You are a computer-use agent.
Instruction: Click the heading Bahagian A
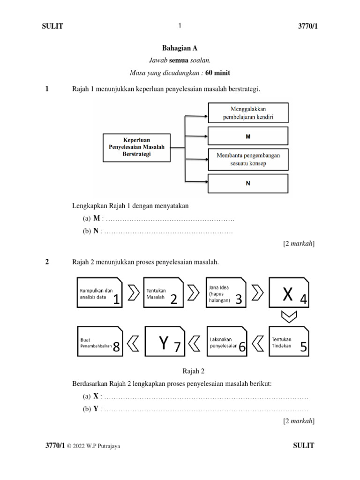point(176,48)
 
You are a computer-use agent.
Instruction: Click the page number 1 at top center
point(180,26)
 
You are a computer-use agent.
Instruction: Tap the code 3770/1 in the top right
point(304,27)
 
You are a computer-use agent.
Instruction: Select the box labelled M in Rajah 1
point(248,136)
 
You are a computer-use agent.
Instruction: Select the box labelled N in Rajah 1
point(248,183)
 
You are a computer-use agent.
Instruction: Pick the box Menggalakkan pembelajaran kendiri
point(248,113)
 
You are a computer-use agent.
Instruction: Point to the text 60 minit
point(217,73)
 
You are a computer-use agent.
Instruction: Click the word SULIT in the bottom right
point(303,446)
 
